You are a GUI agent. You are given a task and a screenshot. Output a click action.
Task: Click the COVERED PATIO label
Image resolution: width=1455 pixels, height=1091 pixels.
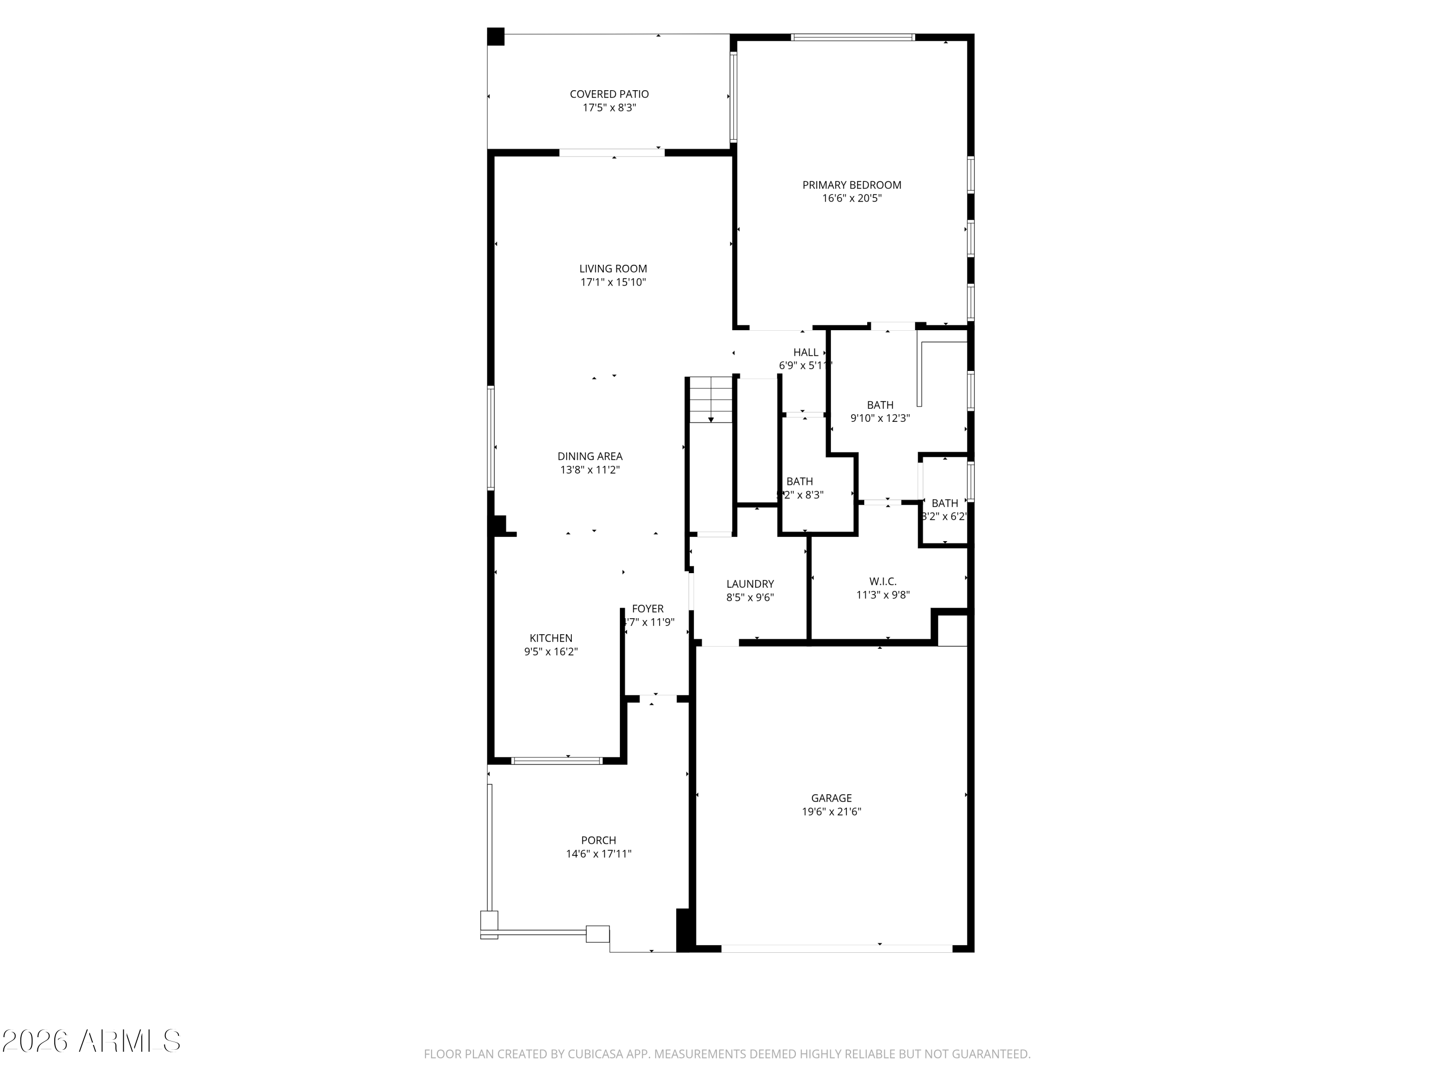click(x=609, y=94)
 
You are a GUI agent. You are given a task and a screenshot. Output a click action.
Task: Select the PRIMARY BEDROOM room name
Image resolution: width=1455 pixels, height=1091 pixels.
click(x=852, y=185)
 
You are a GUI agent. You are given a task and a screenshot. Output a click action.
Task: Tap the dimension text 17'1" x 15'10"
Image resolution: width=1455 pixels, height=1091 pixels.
click(x=613, y=282)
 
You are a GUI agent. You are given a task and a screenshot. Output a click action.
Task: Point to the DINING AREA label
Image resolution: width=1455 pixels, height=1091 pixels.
click(x=590, y=456)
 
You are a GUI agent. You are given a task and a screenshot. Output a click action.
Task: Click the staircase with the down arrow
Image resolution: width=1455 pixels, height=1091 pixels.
click(x=711, y=401)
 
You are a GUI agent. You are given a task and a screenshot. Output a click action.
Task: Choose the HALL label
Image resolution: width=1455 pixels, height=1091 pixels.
click(x=806, y=353)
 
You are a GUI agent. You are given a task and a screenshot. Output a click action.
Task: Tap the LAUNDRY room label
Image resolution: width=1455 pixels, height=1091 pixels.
click(x=750, y=584)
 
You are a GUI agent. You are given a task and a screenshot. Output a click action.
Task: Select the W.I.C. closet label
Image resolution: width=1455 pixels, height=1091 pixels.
click(x=883, y=581)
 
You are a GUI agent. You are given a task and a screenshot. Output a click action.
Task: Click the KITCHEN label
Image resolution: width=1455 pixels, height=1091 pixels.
click(x=551, y=638)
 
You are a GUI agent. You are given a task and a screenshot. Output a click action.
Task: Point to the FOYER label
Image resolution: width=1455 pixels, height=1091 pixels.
click(x=648, y=609)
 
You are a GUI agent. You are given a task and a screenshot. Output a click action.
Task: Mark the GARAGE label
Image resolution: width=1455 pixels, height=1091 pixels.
click(x=831, y=798)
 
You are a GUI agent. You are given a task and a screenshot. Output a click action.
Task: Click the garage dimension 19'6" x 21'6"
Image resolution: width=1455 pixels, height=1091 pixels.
click(x=831, y=812)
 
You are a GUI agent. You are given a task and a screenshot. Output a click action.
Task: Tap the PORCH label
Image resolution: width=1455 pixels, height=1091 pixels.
click(x=598, y=840)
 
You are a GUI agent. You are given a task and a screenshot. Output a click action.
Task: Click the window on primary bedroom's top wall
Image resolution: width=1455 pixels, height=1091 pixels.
click(x=853, y=37)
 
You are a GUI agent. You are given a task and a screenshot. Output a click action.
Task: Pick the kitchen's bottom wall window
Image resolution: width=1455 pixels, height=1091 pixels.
click(x=556, y=761)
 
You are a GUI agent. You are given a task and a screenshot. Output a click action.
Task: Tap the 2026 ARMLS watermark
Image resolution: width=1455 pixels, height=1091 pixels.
click(x=92, y=1041)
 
